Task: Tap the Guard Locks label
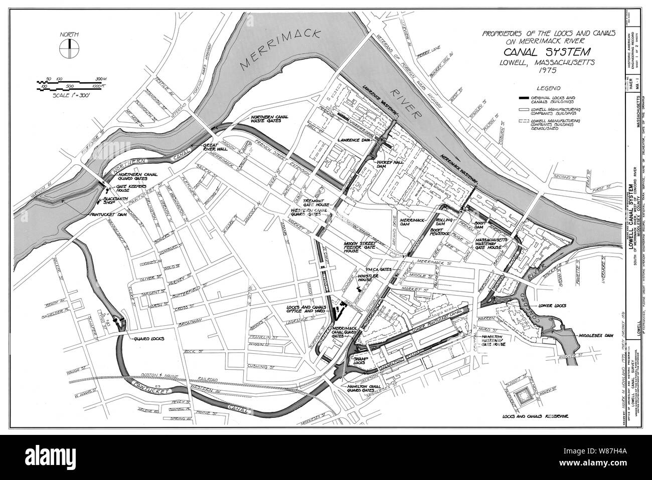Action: [147, 339]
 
